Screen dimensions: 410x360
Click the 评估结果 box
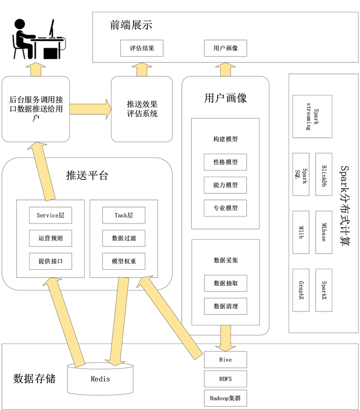click(142, 48)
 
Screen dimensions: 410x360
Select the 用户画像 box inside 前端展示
click(226, 48)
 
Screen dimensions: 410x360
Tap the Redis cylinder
click(100, 379)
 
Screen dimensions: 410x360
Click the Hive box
click(226, 360)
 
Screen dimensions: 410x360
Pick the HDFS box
click(226, 378)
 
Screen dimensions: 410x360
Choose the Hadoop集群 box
click(226, 397)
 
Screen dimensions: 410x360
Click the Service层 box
click(50, 215)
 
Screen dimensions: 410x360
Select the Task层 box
click(124, 215)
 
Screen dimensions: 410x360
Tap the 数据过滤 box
click(124, 238)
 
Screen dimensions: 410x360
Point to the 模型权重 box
click(124, 261)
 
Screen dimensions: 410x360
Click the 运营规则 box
click(50, 238)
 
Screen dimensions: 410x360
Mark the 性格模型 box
click(226, 162)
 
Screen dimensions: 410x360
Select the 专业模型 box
click(226, 208)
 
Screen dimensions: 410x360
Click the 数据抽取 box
click(226, 283)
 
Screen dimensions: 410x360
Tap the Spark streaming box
click(312, 117)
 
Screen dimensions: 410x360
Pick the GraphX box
click(301, 290)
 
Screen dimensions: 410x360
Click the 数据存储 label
click(34, 379)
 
